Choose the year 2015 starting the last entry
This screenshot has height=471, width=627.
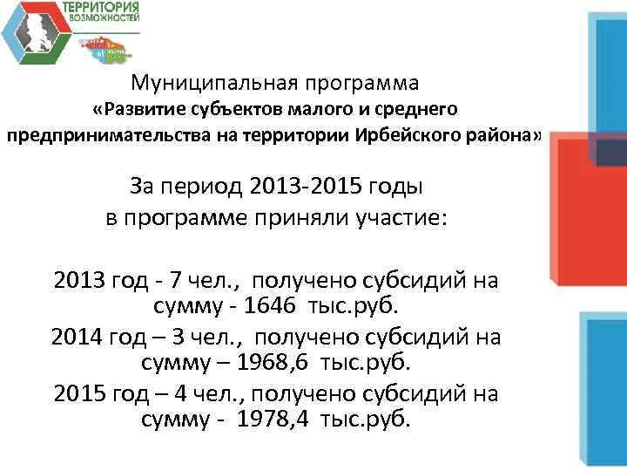[x=80, y=393]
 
